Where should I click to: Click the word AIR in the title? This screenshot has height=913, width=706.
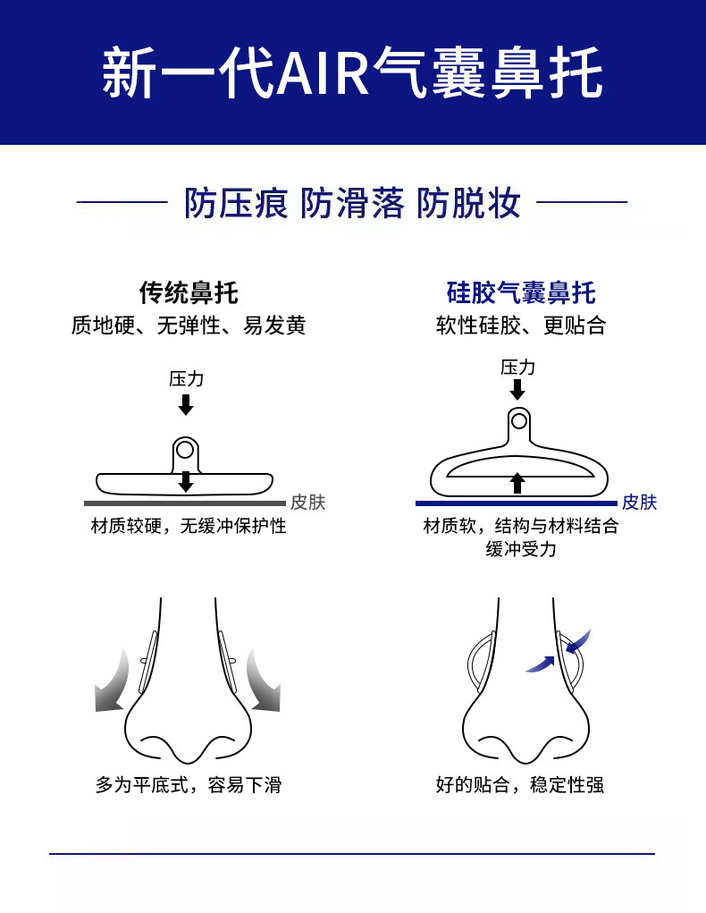coord(324,72)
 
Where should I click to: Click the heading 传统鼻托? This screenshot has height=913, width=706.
coord(189,292)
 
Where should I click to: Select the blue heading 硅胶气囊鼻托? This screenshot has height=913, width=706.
coord(521,292)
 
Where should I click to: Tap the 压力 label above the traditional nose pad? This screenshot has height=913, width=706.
coord(186,379)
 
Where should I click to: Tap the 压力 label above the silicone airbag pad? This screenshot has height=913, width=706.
coord(517,368)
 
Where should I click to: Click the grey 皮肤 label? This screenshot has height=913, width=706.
coord(308,502)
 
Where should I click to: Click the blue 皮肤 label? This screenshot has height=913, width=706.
coord(639,502)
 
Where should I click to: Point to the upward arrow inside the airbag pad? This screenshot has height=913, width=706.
coord(517,483)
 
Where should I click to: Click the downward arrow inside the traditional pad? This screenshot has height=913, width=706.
coord(186,481)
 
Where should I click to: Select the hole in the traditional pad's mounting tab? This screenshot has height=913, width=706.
coord(186,450)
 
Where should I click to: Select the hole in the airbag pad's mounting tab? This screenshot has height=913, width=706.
coord(518,421)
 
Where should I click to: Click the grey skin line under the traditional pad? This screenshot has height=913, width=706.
coord(185,503)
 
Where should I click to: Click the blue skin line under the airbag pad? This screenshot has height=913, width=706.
coord(517,503)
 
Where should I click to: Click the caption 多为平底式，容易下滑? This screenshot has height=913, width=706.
coord(189,785)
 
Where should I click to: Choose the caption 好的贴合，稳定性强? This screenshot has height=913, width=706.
coord(520,785)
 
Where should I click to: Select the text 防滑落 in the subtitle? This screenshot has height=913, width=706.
coord(352,203)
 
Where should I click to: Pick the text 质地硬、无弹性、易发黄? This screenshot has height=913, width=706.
coord(189,325)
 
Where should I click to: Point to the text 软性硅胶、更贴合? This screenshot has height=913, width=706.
coord(521,325)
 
